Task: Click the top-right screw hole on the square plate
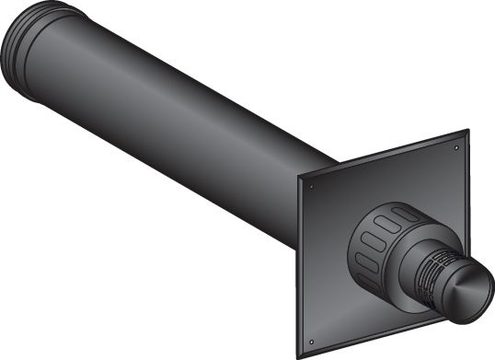[457, 145]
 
